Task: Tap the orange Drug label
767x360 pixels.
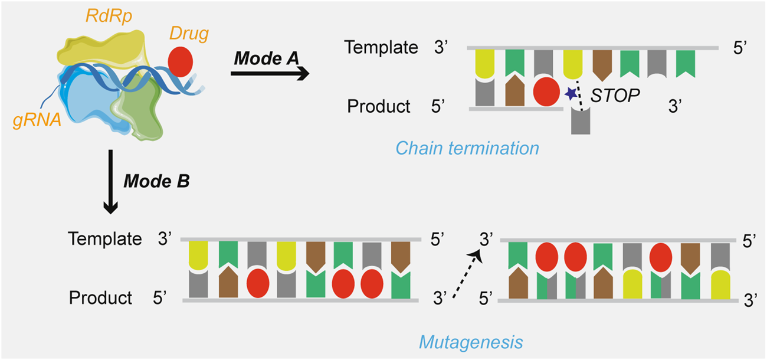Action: [189, 34]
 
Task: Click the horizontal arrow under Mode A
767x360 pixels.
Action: [269, 74]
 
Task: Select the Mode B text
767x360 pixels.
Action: [156, 181]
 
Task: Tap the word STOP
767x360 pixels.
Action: [615, 95]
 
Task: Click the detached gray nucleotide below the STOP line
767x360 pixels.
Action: [581, 122]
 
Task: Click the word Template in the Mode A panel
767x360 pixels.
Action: [382, 48]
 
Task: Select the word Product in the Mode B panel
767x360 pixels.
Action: [101, 298]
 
